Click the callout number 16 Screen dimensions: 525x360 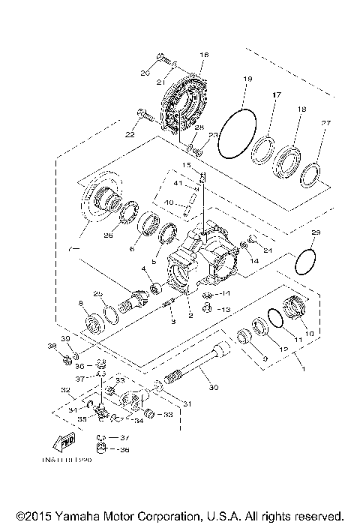[204, 55]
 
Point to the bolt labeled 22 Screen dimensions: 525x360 [145, 115]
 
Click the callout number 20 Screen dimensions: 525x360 [145, 73]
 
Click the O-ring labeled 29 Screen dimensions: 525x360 [304, 263]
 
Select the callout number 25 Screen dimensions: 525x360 [97, 292]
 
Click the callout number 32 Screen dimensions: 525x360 [65, 390]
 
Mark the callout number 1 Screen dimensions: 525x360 [302, 369]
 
